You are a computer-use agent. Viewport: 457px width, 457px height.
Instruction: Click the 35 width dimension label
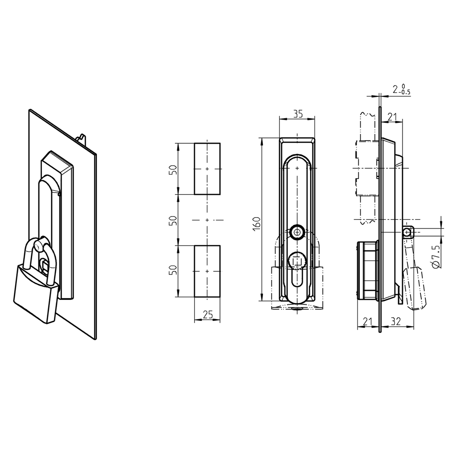tap(297, 114)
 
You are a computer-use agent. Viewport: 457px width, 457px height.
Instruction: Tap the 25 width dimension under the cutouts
tap(208, 315)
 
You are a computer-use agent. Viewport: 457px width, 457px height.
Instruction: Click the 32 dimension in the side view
tap(395, 320)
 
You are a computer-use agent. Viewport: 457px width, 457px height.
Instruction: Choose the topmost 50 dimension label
tap(174, 169)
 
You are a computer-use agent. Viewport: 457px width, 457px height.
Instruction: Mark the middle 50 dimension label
tap(174, 220)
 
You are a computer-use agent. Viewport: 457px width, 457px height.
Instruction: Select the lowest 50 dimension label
tap(174, 270)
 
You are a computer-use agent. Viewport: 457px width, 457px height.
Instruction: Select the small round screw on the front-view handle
tap(297, 232)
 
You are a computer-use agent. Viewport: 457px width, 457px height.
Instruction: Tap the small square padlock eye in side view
tap(407, 232)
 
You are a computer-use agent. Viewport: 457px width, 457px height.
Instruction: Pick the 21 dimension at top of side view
tap(392, 117)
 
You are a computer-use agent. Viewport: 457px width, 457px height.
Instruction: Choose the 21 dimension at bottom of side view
tap(368, 320)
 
